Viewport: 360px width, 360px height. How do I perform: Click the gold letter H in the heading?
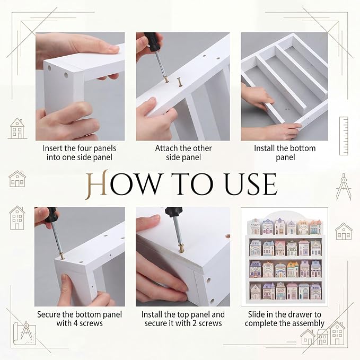96,185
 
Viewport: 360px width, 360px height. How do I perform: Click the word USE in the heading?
251,184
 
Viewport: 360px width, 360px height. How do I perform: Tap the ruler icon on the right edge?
344,136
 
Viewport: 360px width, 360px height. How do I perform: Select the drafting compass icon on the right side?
344,187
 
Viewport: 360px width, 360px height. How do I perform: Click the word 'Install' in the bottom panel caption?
265,148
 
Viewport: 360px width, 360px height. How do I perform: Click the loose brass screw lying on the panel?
180,82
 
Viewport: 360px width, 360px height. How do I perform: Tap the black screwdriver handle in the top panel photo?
174,212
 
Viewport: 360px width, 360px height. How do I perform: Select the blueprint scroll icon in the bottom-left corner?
25,333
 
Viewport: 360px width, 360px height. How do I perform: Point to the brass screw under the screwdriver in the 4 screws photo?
62,256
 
